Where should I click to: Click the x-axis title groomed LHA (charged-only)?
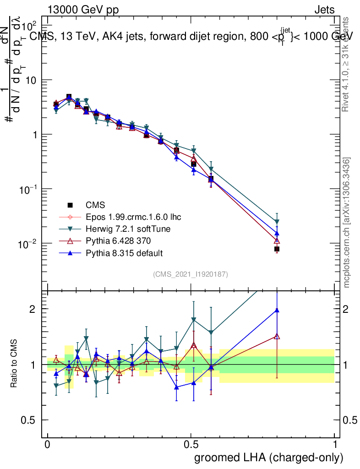[269, 458]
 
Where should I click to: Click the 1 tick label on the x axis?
[335, 445]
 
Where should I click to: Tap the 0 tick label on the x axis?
[47, 445]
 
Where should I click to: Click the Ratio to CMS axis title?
[14, 365]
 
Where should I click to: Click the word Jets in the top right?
[324, 10]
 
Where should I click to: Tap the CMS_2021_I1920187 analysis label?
[191, 274]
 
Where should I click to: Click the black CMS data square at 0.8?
[277, 249]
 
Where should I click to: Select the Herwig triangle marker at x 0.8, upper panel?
[277, 222]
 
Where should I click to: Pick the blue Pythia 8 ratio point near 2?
[277, 310]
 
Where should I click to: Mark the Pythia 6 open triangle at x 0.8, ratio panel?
[277, 336]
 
